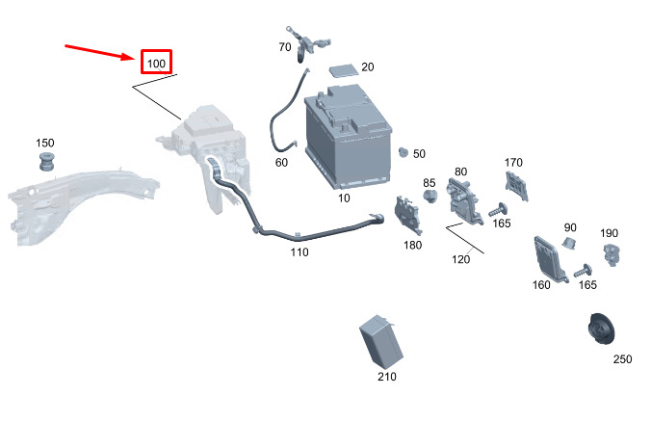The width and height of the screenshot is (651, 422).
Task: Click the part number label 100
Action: click(156, 64)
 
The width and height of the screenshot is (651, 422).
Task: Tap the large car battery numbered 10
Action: click(348, 136)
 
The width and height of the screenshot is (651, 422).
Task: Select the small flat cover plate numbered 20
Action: click(344, 69)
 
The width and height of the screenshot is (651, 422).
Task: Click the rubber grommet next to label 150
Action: click(46, 162)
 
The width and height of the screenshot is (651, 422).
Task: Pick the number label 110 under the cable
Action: click(299, 252)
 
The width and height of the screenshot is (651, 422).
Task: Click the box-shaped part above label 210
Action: click(380, 341)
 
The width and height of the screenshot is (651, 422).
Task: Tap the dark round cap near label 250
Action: click(602, 329)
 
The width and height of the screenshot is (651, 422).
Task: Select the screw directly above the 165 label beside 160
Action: click(584, 272)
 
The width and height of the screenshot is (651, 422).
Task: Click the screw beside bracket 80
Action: click(498, 210)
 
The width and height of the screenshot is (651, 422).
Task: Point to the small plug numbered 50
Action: click(404, 152)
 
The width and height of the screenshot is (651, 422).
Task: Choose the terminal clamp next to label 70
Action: click(307, 42)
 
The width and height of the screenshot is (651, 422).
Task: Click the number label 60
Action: click(281, 163)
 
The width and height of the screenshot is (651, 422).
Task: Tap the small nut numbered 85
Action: click(430, 196)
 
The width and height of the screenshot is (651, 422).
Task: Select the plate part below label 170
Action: click(516, 186)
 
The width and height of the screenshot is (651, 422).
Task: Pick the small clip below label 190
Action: click(612, 253)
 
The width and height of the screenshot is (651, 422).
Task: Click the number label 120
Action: click(461, 259)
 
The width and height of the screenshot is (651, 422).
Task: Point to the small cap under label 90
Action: click(569, 243)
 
